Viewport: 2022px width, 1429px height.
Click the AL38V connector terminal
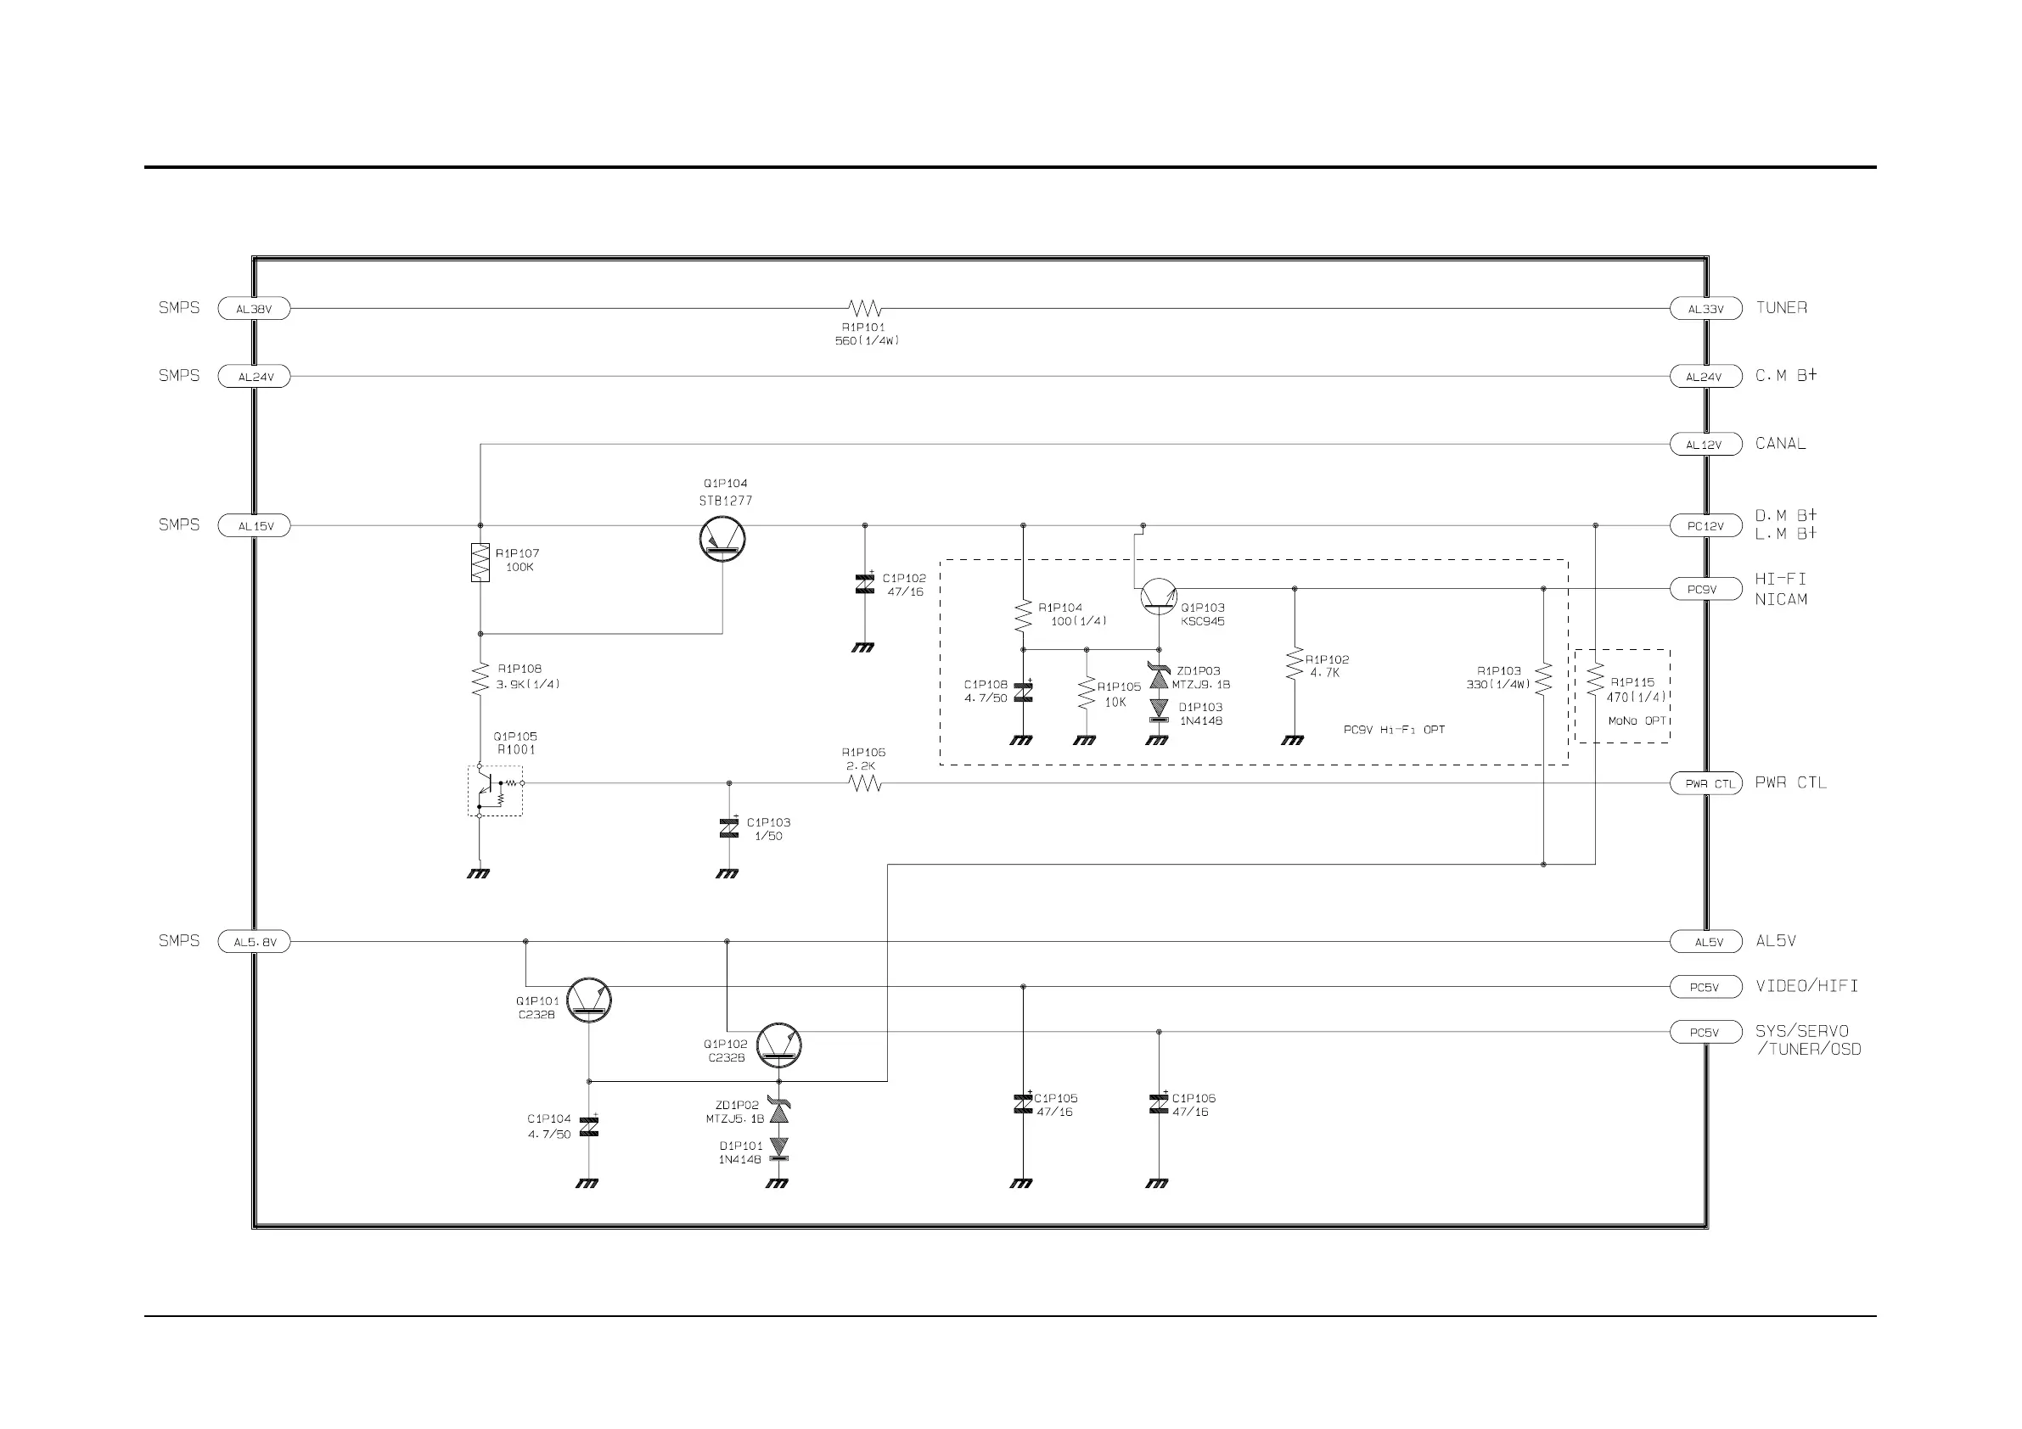click(x=254, y=309)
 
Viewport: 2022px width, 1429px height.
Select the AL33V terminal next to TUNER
click(x=1705, y=309)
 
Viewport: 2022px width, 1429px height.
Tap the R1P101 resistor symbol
click(x=865, y=308)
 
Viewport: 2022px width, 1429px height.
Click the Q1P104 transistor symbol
click(x=722, y=540)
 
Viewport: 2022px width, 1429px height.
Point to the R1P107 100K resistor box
click(x=480, y=562)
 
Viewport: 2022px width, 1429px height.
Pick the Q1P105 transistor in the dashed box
click(x=494, y=791)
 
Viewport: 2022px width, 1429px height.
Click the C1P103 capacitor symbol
click(x=729, y=827)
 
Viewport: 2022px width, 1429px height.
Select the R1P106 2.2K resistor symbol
click(x=865, y=782)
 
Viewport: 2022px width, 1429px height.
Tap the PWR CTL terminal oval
click(x=1705, y=782)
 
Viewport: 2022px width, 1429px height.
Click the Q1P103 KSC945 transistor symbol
click(x=1158, y=597)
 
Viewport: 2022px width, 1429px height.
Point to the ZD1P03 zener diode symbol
click(x=1159, y=677)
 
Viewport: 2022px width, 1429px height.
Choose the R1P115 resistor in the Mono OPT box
click(x=1595, y=681)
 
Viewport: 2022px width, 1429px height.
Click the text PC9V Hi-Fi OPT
click(x=1394, y=730)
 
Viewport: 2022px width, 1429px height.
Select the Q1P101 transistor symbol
click(x=588, y=1000)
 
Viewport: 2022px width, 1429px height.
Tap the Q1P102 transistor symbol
click(x=778, y=1045)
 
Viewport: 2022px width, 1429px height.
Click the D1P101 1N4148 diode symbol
click(x=778, y=1148)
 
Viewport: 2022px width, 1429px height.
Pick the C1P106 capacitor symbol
click(x=1159, y=1103)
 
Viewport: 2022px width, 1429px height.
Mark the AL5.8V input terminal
click(x=254, y=942)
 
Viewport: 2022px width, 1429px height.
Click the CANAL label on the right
click(x=1780, y=444)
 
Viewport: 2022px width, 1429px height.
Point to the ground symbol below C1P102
click(x=863, y=647)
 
